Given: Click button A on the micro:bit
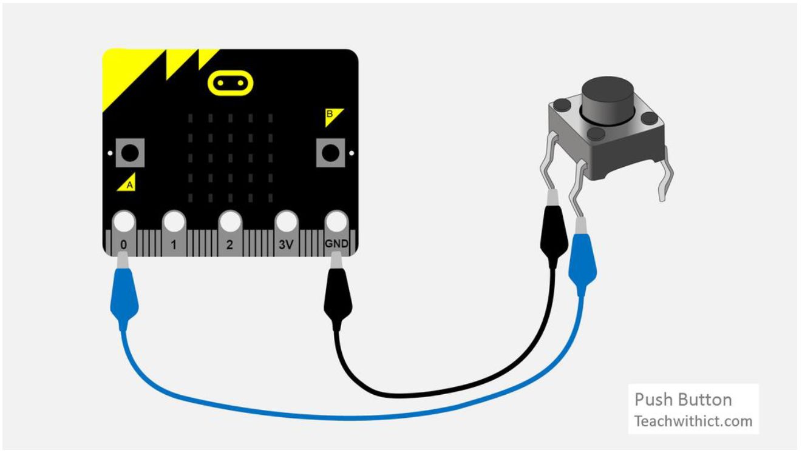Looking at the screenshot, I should (129, 152).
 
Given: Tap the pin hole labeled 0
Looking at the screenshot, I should (124, 221).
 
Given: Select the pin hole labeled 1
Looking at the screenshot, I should (174, 221).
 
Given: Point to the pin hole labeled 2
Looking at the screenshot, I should (229, 221).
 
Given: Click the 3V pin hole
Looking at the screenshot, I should (286, 221).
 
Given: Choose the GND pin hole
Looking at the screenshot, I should (336, 221).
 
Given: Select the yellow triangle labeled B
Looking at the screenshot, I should (333, 116).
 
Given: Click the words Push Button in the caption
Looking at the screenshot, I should (683, 400).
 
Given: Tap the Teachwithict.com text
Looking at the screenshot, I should (693, 421).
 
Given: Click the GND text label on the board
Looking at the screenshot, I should (336, 244).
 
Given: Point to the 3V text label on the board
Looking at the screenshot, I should (286, 244).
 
